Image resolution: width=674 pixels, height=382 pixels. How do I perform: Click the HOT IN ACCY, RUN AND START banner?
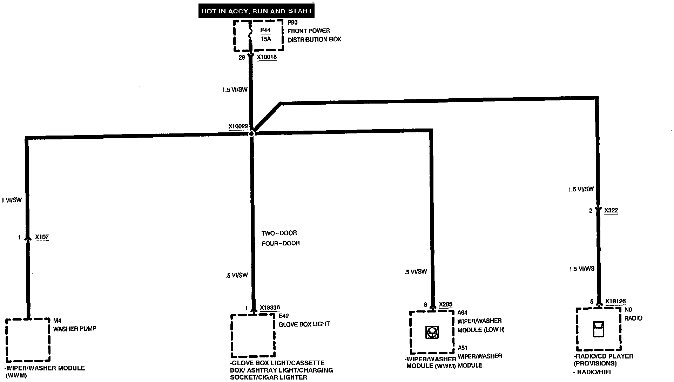[x=256, y=11]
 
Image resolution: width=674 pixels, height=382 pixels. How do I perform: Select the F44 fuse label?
[x=265, y=30]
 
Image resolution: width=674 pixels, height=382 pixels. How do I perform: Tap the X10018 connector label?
[x=267, y=57]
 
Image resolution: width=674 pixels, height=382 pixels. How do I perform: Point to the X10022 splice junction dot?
[x=251, y=133]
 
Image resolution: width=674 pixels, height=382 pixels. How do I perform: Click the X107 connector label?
[x=42, y=237]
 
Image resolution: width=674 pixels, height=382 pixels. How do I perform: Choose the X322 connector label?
[x=611, y=210]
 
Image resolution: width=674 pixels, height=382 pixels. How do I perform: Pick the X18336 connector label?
[x=270, y=308]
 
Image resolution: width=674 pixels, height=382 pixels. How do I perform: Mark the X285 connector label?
[x=446, y=304]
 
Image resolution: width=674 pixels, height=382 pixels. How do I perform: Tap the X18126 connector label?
[x=615, y=301]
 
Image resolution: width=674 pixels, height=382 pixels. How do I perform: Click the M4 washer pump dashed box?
[x=28, y=340]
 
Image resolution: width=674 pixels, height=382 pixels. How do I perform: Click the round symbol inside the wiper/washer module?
[x=432, y=332]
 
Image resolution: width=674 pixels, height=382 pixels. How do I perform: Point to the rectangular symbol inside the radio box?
[x=598, y=329]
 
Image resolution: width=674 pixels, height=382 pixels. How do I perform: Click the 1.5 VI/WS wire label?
[x=581, y=269]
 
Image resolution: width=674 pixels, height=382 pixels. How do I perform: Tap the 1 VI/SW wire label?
[x=12, y=200]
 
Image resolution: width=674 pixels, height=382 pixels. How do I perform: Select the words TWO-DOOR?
[x=279, y=233]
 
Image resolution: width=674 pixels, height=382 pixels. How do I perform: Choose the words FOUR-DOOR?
[x=281, y=243]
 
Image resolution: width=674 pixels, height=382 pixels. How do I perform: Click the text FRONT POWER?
[x=309, y=31]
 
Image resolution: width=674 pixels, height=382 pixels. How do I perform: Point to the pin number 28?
[x=242, y=58]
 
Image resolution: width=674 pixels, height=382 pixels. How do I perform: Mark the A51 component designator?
[x=463, y=348]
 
